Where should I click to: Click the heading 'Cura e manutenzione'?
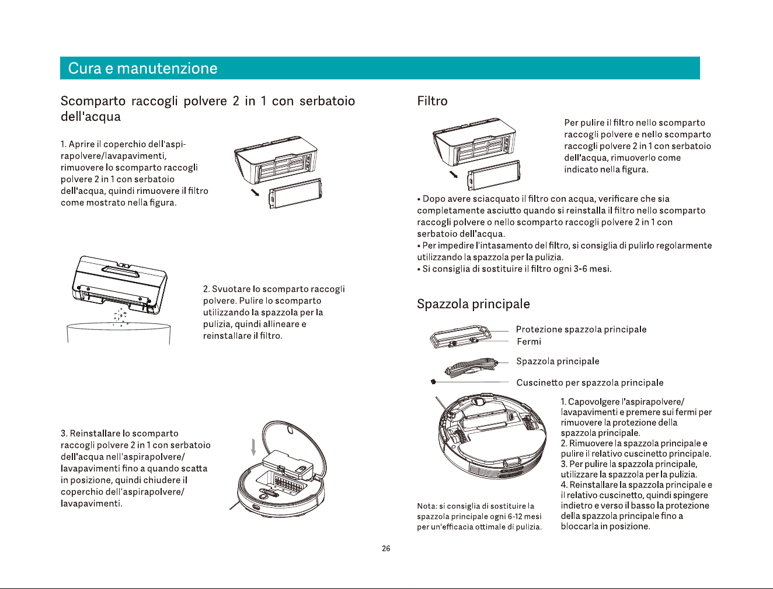[142, 68]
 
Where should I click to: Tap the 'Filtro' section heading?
[432, 101]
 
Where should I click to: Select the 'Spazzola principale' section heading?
[473, 304]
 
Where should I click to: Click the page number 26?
[386, 548]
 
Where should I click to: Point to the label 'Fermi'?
[529, 341]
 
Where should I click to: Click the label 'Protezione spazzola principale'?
[581, 329]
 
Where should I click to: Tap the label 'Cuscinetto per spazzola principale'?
[590, 382]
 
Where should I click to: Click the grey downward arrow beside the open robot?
[253, 447]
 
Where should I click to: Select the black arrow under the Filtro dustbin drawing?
[453, 175]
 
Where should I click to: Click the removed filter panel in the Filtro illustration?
[494, 175]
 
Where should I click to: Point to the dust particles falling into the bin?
[120, 317]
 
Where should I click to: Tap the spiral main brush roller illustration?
[472, 367]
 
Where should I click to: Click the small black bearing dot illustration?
[434, 382]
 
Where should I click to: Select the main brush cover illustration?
[460, 337]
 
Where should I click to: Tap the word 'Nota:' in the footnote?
[427, 506]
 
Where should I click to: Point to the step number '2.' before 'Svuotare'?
[206, 289]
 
